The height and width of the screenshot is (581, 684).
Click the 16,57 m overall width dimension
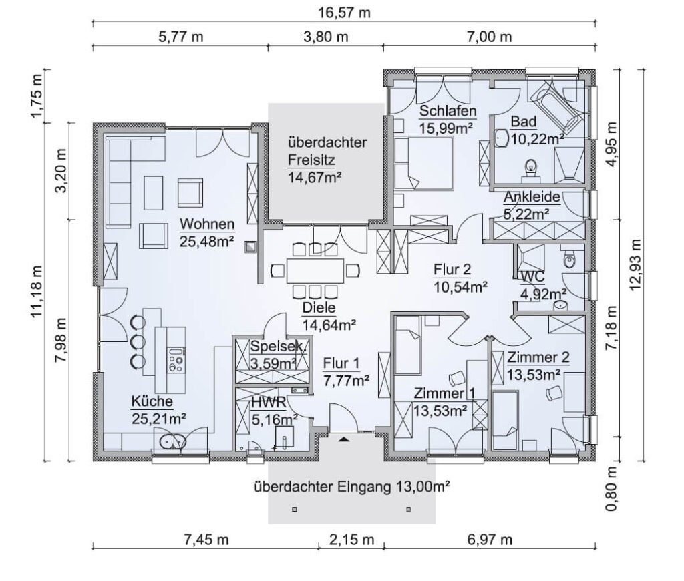point(344,12)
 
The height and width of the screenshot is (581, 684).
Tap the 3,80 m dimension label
point(325,37)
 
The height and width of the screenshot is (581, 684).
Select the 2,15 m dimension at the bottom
point(351,540)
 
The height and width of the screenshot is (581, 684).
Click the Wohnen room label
point(207,224)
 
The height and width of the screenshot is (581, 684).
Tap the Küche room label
point(152,401)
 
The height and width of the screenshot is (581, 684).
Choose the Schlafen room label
point(448,111)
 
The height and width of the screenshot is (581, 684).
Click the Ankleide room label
point(532,197)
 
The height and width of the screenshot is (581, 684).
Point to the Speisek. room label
point(279,347)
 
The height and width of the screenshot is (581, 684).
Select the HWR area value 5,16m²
point(275,419)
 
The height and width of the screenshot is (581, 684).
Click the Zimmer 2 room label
point(538,357)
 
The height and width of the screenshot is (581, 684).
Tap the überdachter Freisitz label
point(327,151)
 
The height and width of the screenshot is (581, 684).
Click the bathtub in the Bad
point(555,108)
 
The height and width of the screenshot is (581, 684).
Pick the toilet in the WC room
point(569,259)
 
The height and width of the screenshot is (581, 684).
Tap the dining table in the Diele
point(315,271)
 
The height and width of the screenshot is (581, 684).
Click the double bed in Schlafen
point(424,163)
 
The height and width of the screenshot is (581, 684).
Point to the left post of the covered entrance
point(295,509)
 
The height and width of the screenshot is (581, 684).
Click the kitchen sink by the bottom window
point(173,442)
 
